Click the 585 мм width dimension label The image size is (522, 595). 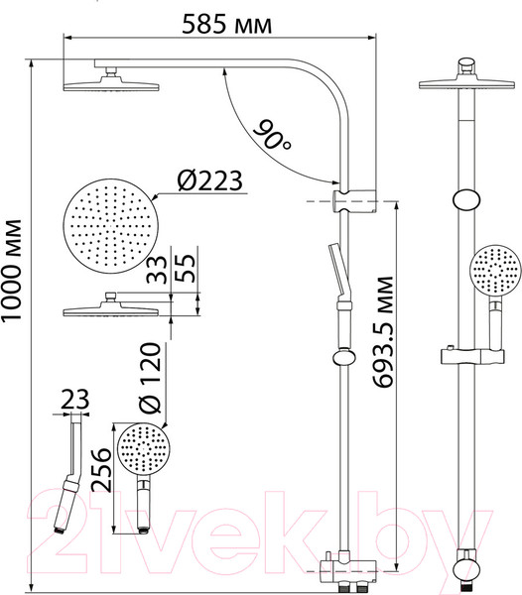(x=226, y=25)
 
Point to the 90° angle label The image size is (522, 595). (x=272, y=136)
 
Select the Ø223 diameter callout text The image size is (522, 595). (x=209, y=180)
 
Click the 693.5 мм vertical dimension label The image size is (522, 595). (x=381, y=332)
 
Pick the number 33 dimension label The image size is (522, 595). (x=157, y=270)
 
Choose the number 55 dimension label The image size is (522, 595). (x=186, y=268)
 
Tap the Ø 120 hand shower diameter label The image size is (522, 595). (x=150, y=377)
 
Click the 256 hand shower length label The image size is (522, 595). (x=102, y=470)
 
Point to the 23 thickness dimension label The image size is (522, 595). (x=74, y=399)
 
